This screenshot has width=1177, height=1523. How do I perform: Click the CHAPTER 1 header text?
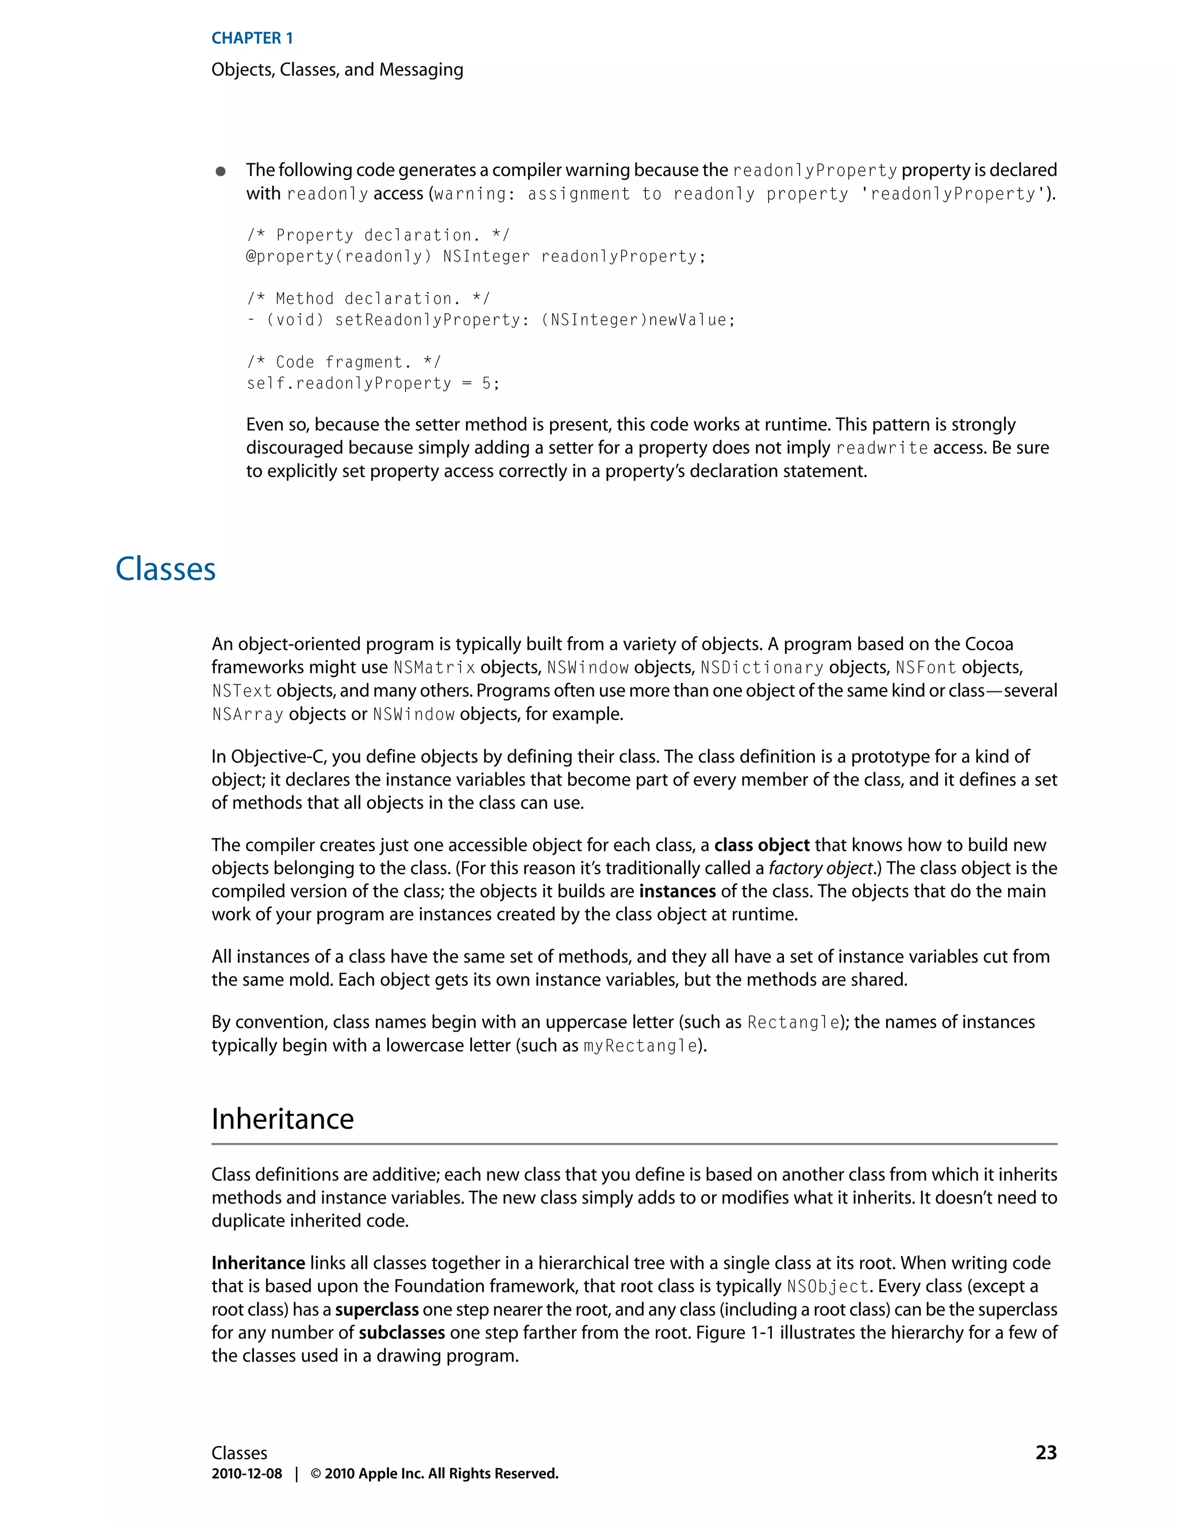coord(252,39)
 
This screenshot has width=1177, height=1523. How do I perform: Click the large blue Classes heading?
coord(166,569)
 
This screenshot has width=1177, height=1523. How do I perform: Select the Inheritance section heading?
coord(282,1119)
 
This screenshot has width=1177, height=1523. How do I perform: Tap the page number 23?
coord(1046,1452)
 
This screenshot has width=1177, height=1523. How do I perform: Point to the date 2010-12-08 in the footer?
coord(247,1474)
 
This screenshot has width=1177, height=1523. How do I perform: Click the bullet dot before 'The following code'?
coord(220,171)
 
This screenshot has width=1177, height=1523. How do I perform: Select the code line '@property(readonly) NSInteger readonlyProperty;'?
coord(475,257)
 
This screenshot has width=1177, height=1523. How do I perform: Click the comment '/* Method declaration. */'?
coord(368,298)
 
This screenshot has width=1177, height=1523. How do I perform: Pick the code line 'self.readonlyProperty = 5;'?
coord(373,383)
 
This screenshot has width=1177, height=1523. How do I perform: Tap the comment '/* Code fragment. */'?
coord(344,362)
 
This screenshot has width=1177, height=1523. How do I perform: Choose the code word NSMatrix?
coord(434,668)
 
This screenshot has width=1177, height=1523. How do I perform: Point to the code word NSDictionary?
coord(761,668)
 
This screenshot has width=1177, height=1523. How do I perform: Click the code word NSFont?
coord(925,668)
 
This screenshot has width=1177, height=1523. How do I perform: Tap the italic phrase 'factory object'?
coord(821,868)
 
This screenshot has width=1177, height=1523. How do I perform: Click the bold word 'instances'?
coord(677,892)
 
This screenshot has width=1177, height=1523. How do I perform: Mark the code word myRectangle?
coord(640,1046)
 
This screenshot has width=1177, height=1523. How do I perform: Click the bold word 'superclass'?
coord(376,1310)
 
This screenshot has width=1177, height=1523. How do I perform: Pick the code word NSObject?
coord(827,1287)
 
